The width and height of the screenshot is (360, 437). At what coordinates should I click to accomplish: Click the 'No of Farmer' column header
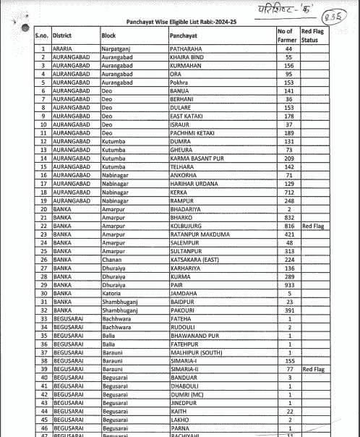click(286, 36)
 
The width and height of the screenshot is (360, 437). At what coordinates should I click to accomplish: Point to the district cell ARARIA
click(63, 48)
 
